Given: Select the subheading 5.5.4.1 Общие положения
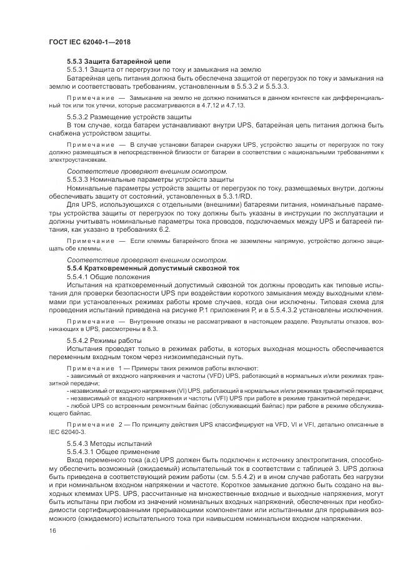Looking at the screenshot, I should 107,275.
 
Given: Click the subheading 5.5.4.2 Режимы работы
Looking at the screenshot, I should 104,339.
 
